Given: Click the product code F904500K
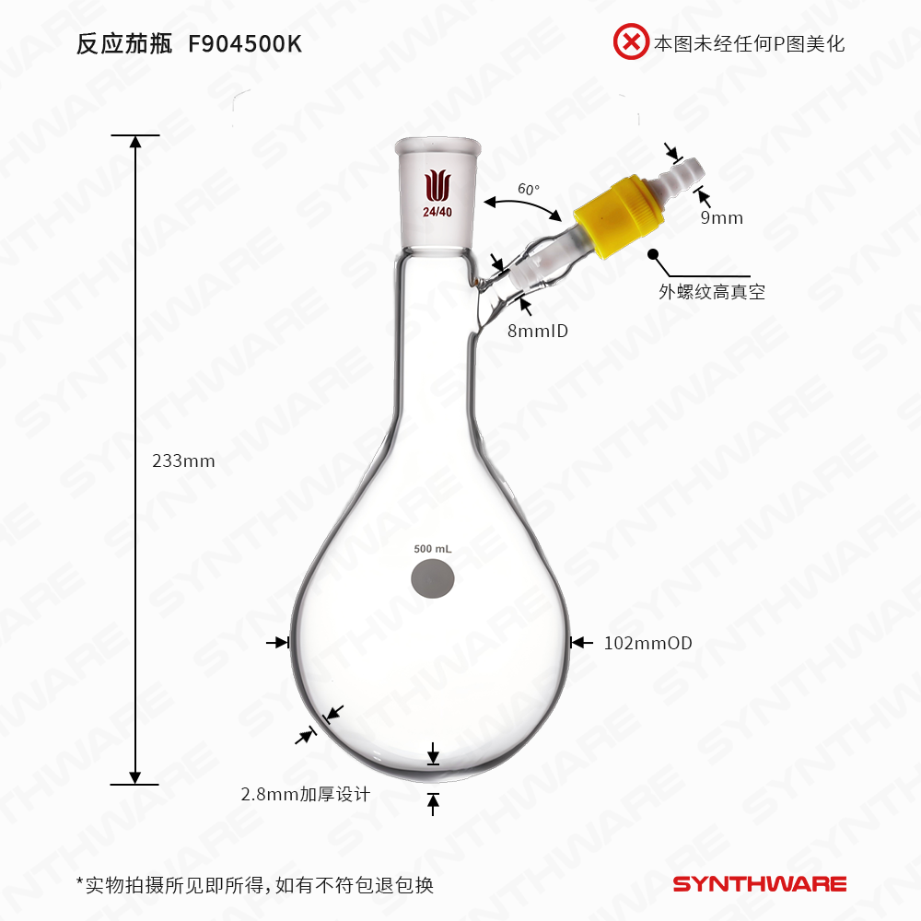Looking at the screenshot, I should point(244,44).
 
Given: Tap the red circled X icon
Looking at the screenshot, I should point(632,42).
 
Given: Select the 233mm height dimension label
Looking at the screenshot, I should point(183,460).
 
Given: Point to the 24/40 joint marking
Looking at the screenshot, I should point(437,212).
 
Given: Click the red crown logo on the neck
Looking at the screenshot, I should point(437,184).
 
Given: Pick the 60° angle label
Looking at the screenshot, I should point(529,189).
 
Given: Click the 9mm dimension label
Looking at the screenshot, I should point(721,218).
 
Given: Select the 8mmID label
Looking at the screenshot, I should point(537,330).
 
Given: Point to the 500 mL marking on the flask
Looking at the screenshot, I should point(433,549).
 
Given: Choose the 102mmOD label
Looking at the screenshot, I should point(647,643).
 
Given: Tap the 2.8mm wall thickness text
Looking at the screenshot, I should point(305,794).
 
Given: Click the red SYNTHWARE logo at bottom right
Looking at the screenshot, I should point(759,884).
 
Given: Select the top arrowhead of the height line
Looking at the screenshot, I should point(135,142).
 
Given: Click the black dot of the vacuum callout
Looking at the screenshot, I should point(653,253).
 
